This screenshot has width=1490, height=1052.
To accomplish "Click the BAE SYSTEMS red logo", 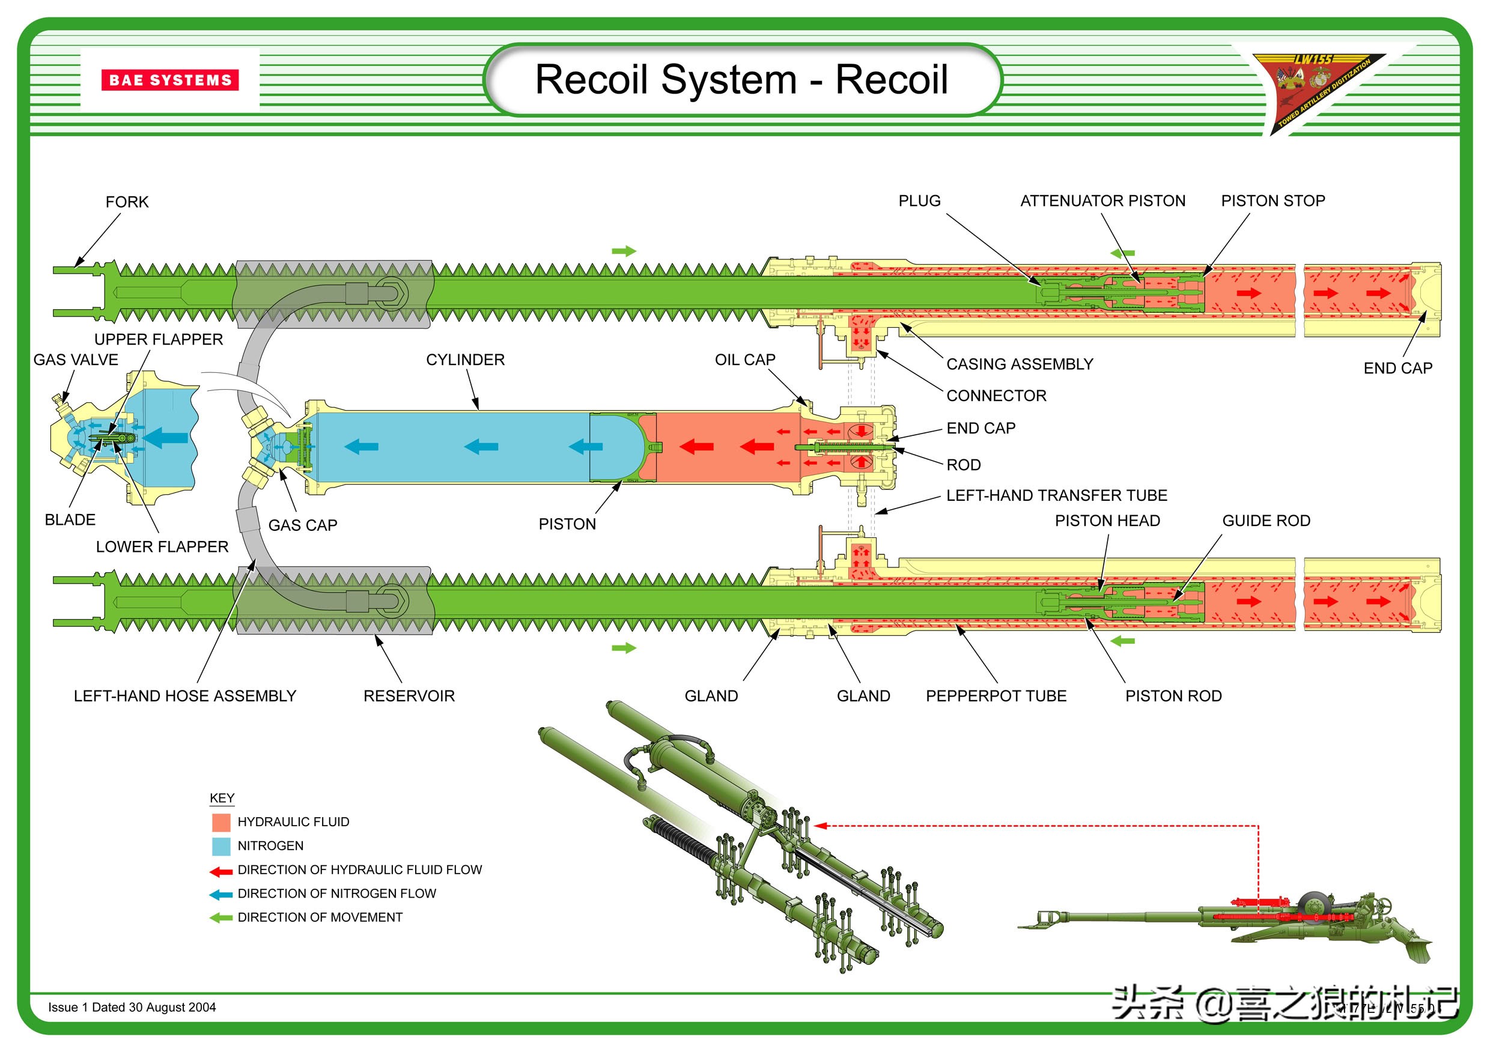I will (170, 80).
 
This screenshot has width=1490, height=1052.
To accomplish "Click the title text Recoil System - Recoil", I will (741, 79).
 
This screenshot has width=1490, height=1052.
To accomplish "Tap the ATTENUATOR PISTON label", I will (1102, 201).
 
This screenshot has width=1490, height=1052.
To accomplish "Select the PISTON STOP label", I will (1273, 201).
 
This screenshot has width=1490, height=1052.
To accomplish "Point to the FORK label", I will (127, 202).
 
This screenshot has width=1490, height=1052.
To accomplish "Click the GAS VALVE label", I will (76, 360).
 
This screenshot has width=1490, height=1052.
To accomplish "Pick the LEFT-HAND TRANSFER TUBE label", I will (1056, 495).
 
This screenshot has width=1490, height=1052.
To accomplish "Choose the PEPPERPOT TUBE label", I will (996, 696).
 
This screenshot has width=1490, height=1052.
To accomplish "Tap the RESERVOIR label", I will (409, 696).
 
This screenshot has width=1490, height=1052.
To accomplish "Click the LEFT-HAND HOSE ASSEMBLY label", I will (185, 696).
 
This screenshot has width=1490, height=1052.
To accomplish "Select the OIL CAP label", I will (745, 360).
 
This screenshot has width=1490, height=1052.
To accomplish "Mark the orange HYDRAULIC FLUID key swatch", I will (221, 823).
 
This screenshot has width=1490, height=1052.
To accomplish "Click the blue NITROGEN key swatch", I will (221, 847).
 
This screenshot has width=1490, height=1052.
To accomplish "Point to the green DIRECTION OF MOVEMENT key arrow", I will (221, 917).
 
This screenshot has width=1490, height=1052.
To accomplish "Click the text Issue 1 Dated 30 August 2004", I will (132, 1007).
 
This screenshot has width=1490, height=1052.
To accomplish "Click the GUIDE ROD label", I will (1265, 521).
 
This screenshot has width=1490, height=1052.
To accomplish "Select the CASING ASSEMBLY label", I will (1019, 364).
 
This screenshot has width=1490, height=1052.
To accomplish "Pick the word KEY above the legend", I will (222, 798).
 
